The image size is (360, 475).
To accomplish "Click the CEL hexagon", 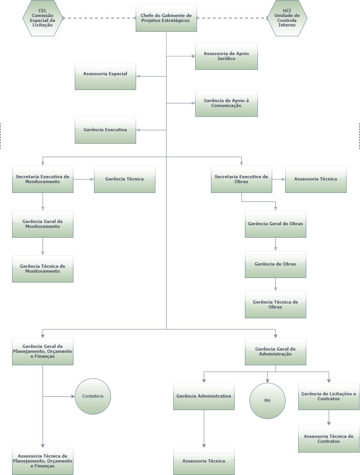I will (43, 18).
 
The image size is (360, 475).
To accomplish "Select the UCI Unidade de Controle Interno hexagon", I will (287, 18).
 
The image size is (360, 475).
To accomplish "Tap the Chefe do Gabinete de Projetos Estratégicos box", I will (166, 18).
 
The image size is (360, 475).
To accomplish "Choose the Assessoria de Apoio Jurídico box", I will (226, 56).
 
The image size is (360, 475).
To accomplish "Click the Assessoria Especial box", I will (105, 76).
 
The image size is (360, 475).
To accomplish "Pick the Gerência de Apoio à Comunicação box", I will (226, 103).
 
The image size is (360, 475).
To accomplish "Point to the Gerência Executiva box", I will (105, 130).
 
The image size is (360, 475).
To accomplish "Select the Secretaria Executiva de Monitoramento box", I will (43, 179).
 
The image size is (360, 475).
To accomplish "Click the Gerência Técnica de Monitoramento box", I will (43, 269).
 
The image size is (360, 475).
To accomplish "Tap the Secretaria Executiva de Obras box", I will (241, 179).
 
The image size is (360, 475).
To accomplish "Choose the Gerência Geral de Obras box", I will (275, 224).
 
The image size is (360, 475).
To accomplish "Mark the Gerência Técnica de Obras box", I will (275, 304).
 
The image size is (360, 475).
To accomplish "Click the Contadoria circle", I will (93, 396).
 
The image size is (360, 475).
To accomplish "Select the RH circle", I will (267, 401).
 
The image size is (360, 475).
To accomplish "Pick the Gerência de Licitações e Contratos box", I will (329, 396).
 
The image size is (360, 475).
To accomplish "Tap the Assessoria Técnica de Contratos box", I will (329, 439).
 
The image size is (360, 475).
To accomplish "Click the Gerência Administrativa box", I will (204, 396).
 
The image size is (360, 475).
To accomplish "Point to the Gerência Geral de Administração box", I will (275, 351).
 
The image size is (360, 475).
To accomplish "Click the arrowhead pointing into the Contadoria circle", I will (73, 396).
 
